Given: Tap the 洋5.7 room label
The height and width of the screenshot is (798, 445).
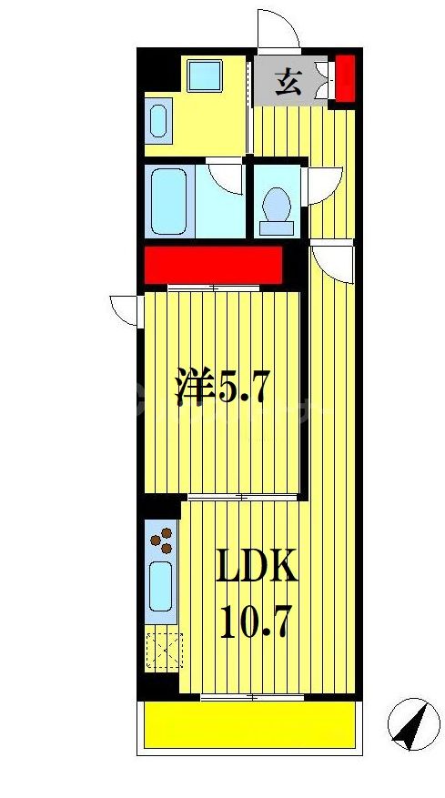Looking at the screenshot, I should click(222, 389).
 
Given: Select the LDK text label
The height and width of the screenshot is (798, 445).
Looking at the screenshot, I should click(257, 571).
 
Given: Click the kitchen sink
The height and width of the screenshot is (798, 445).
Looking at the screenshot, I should click(161, 586).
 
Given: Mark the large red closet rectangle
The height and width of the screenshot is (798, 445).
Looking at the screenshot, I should click(212, 267).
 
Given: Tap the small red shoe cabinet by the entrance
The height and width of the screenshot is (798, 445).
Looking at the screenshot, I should click(345, 77).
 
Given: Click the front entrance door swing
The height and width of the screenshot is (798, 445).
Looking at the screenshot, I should click(278, 29).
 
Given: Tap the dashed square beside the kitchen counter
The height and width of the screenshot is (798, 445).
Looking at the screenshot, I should click(164, 649).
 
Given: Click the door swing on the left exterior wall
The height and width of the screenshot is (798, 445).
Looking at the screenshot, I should click(123, 310).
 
